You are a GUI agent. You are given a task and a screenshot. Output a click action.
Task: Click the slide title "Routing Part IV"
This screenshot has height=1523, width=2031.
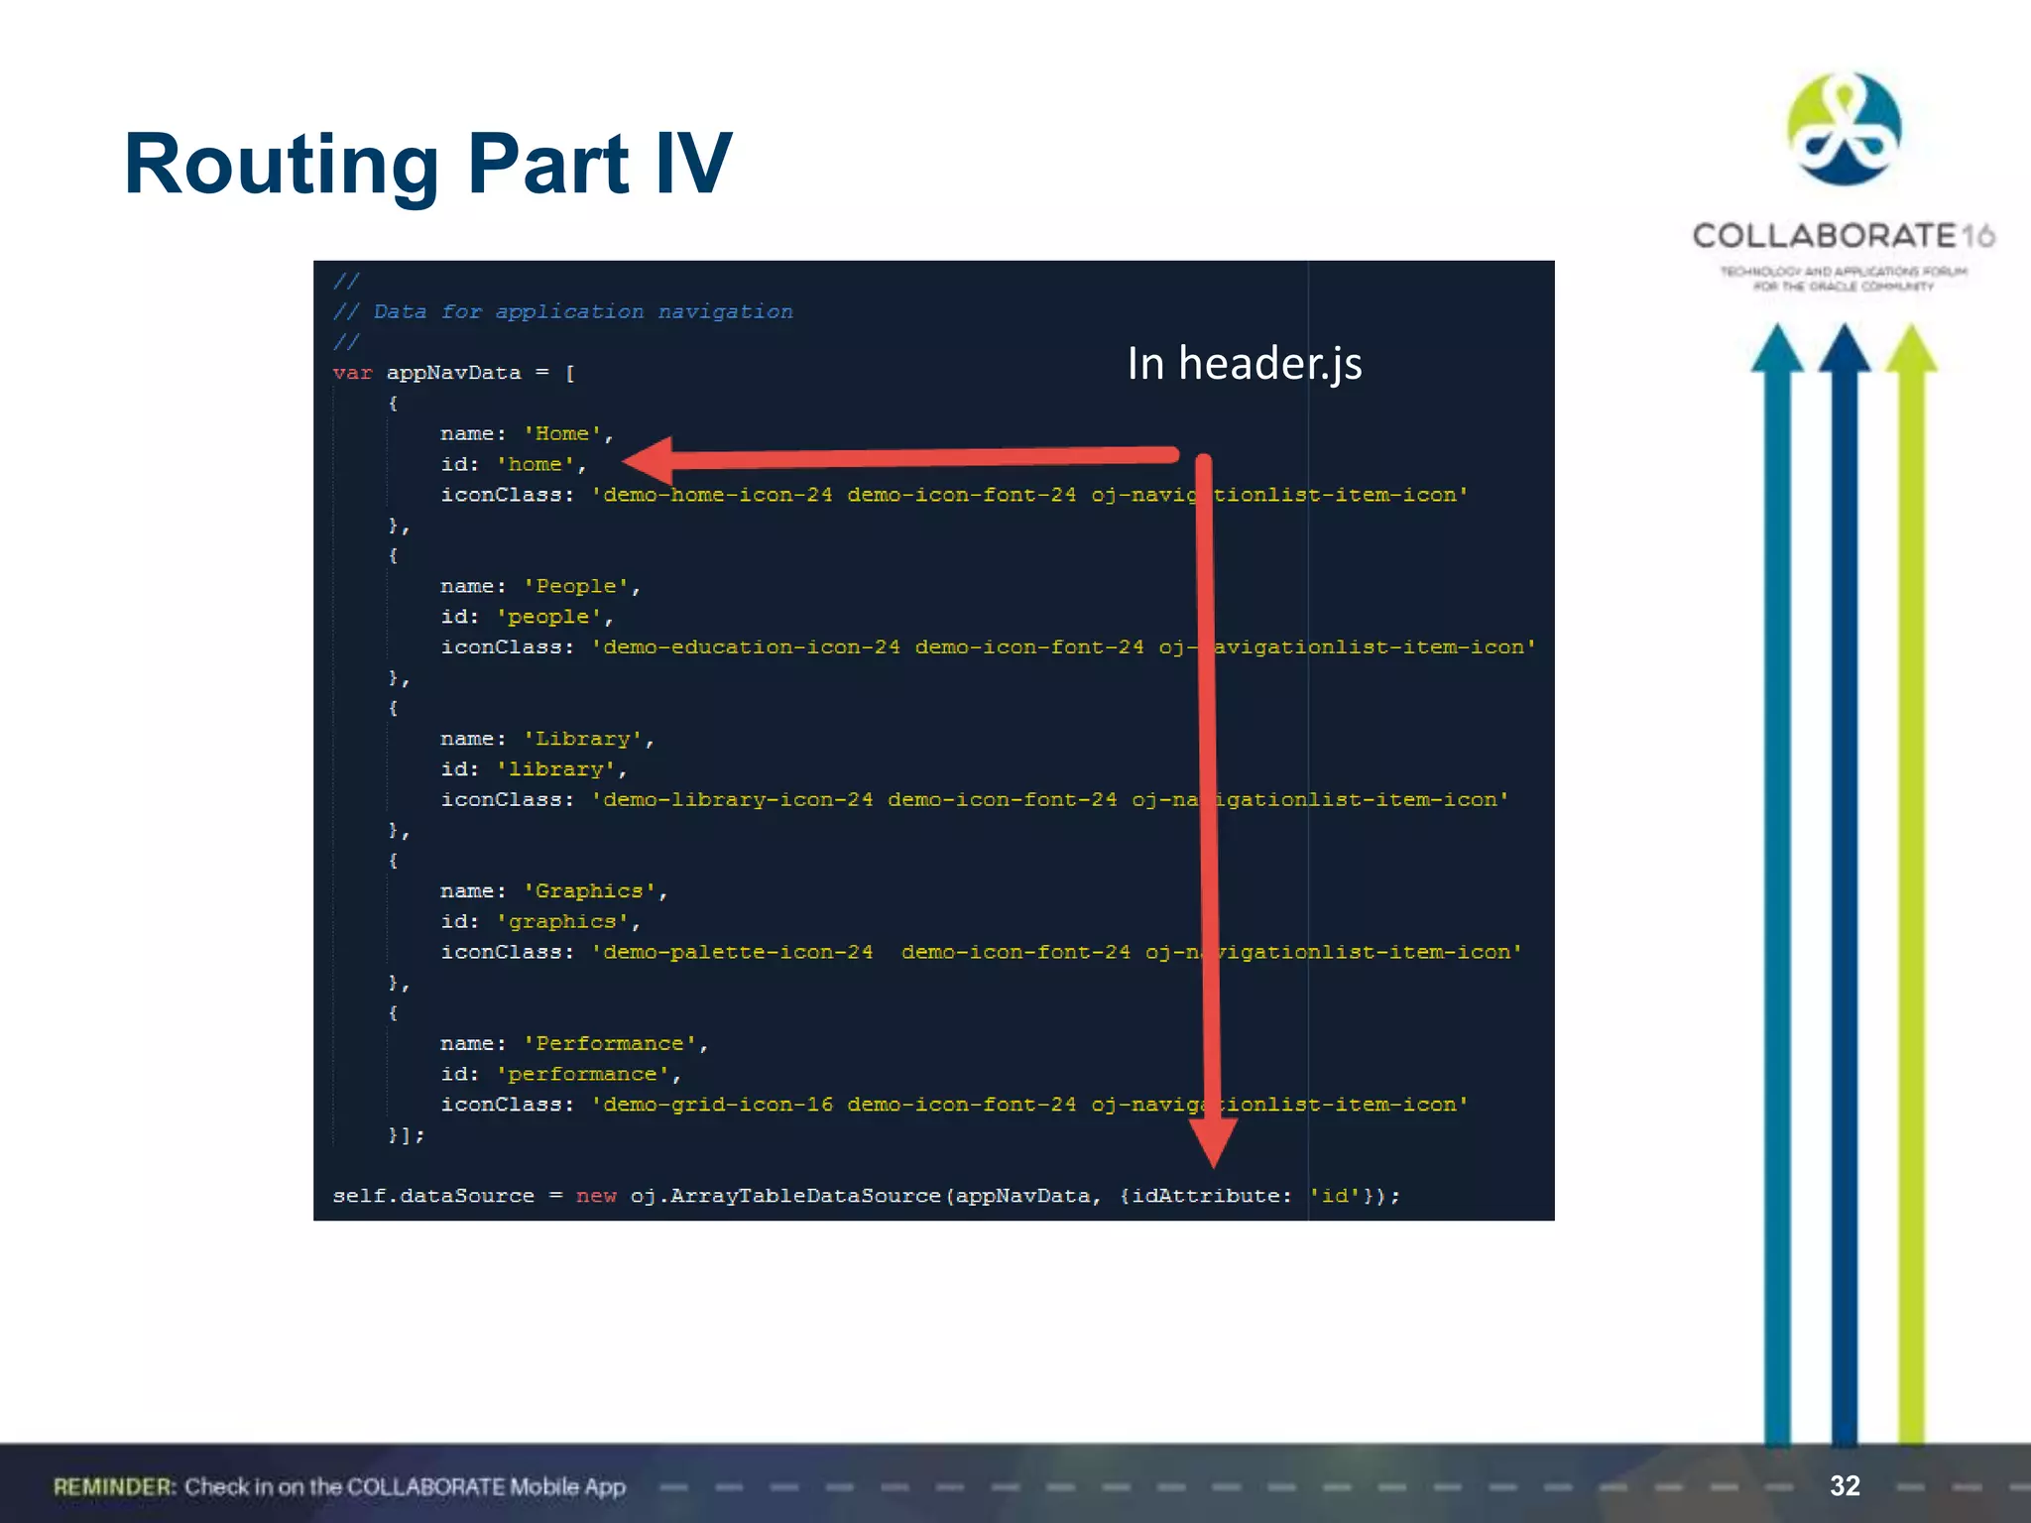pyautogui.click(x=427, y=165)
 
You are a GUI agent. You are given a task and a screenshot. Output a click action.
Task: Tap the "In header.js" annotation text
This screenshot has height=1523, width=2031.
pyautogui.click(x=1244, y=364)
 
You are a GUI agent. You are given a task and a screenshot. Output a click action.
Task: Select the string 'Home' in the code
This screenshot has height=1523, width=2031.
pyautogui.click(x=562, y=434)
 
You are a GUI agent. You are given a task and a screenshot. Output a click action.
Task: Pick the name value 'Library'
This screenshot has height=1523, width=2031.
pyautogui.click(x=583, y=739)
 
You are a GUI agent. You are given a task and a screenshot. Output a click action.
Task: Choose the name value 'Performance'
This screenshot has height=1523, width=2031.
pyautogui.click(x=610, y=1044)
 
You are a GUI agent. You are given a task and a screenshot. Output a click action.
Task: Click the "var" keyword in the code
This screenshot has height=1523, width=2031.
pyautogui.click(x=352, y=373)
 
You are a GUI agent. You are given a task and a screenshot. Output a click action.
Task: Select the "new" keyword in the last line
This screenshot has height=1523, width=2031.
pyautogui.click(x=596, y=1196)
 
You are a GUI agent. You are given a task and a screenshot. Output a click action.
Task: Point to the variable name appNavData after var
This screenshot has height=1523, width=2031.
pyautogui.click(x=453, y=373)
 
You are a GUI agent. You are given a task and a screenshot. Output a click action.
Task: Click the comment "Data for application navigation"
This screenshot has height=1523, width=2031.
pyautogui.click(x=582, y=312)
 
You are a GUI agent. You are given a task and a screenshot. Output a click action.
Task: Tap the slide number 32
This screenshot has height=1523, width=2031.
pyautogui.click(x=1845, y=1485)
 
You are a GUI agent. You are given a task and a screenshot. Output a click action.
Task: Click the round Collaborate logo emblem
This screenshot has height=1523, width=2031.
pyautogui.click(x=1844, y=129)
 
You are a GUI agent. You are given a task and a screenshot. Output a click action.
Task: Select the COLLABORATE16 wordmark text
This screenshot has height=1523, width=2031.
pyautogui.click(x=1843, y=236)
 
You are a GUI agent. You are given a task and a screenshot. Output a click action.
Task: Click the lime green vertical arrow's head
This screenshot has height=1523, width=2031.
pyautogui.click(x=1911, y=349)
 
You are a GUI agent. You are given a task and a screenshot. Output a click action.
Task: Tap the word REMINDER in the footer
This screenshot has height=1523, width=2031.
pyautogui.click(x=114, y=1487)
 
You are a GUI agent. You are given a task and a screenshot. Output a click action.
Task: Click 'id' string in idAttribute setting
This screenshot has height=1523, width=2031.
pyautogui.click(x=1334, y=1196)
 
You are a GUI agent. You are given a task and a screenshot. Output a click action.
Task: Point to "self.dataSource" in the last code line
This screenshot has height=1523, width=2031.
pyautogui.click(x=433, y=1196)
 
